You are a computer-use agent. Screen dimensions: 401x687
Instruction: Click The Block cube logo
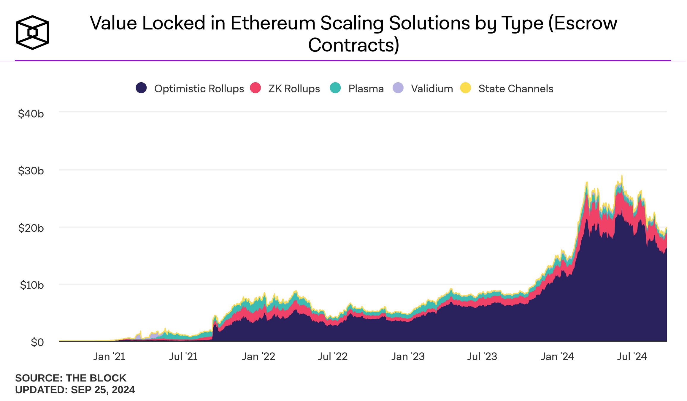point(32,32)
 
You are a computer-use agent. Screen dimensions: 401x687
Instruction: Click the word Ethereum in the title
point(273,23)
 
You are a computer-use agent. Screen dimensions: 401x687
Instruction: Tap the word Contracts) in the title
point(353,45)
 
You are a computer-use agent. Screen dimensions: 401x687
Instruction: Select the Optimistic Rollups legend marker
point(141,88)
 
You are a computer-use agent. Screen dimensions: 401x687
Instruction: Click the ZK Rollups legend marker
point(255,88)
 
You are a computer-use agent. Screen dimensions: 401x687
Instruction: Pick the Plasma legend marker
point(335,88)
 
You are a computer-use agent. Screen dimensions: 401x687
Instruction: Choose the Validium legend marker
point(398,88)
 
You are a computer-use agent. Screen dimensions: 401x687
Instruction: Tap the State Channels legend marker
point(466,88)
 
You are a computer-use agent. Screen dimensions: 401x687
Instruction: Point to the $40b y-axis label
point(31,114)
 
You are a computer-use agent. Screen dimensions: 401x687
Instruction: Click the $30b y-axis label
point(31,171)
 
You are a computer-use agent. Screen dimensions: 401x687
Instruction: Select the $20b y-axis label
point(31,228)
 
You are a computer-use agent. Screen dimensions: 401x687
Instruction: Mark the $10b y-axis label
point(32,285)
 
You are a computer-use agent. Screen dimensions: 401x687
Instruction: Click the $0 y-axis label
point(37,342)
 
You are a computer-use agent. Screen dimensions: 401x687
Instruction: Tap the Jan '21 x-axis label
point(109,356)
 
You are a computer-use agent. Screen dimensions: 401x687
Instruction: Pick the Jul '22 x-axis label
point(333,356)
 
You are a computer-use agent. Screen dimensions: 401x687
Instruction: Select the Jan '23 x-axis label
point(408,356)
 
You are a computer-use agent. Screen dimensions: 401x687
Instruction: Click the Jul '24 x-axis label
point(632,356)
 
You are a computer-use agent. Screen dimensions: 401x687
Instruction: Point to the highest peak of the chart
point(622,176)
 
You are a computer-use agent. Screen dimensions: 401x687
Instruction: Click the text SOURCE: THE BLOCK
point(71,378)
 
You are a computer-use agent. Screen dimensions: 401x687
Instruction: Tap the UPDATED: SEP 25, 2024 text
point(75,390)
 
